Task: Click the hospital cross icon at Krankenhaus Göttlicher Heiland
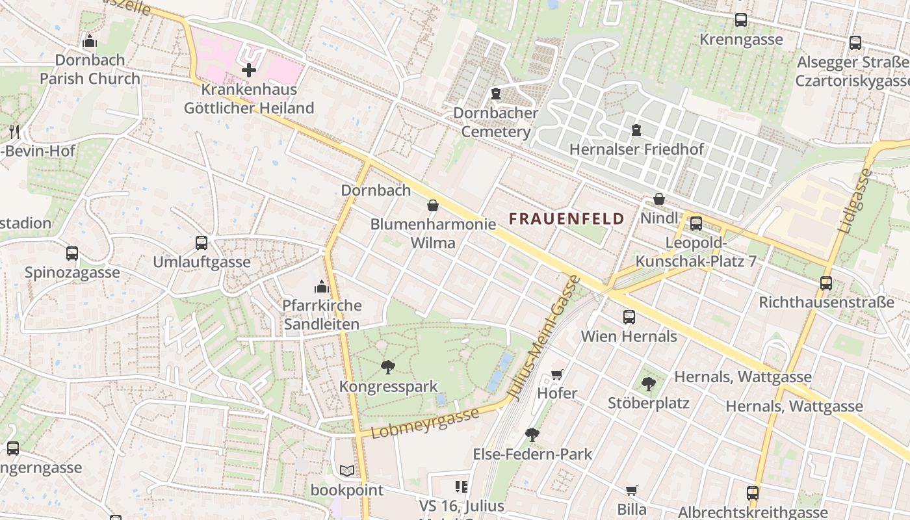tap(249, 70)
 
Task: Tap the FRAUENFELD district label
tap(566, 219)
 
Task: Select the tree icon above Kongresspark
tap(388, 367)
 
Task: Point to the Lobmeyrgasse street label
tap(425, 422)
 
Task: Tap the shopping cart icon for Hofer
tap(556, 374)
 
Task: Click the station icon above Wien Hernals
tap(629, 317)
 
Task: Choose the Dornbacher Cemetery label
tap(495, 122)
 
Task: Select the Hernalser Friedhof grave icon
tap(636, 131)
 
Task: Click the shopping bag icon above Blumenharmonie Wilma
tap(433, 205)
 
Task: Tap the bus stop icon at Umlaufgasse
tap(201, 243)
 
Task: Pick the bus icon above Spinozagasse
tap(72, 253)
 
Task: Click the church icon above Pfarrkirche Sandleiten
tap(322, 287)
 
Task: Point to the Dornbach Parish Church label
tap(90, 69)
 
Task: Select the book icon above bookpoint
tap(347, 471)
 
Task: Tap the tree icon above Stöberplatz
tap(648, 384)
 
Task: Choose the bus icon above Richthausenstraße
tap(826, 283)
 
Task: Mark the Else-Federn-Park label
tap(532, 454)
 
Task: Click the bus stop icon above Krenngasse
tap(741, 20)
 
